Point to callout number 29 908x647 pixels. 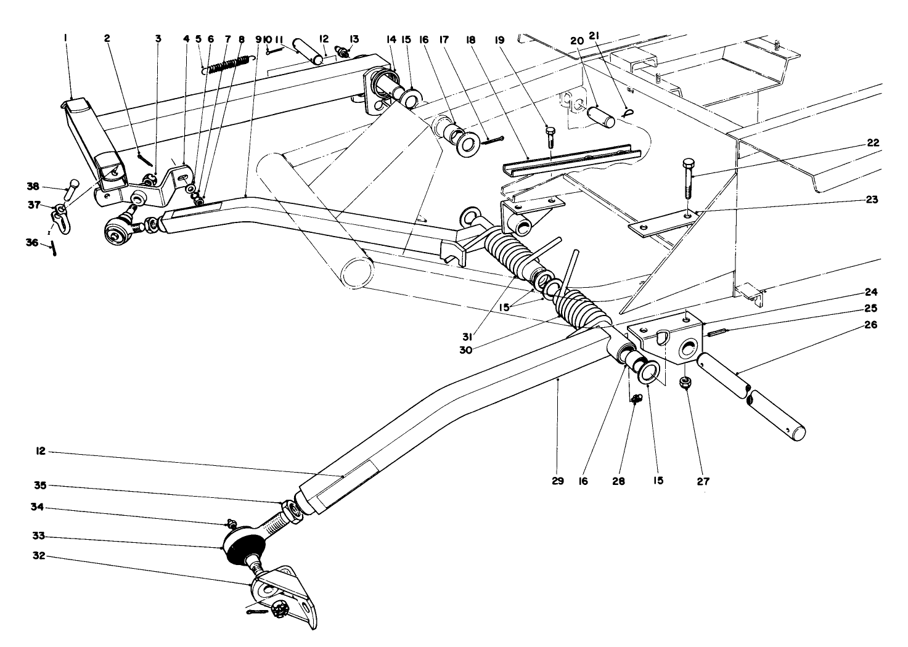pos(557,481)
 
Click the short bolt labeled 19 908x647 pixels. pos(550,136)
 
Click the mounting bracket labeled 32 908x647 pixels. pos(290,592)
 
